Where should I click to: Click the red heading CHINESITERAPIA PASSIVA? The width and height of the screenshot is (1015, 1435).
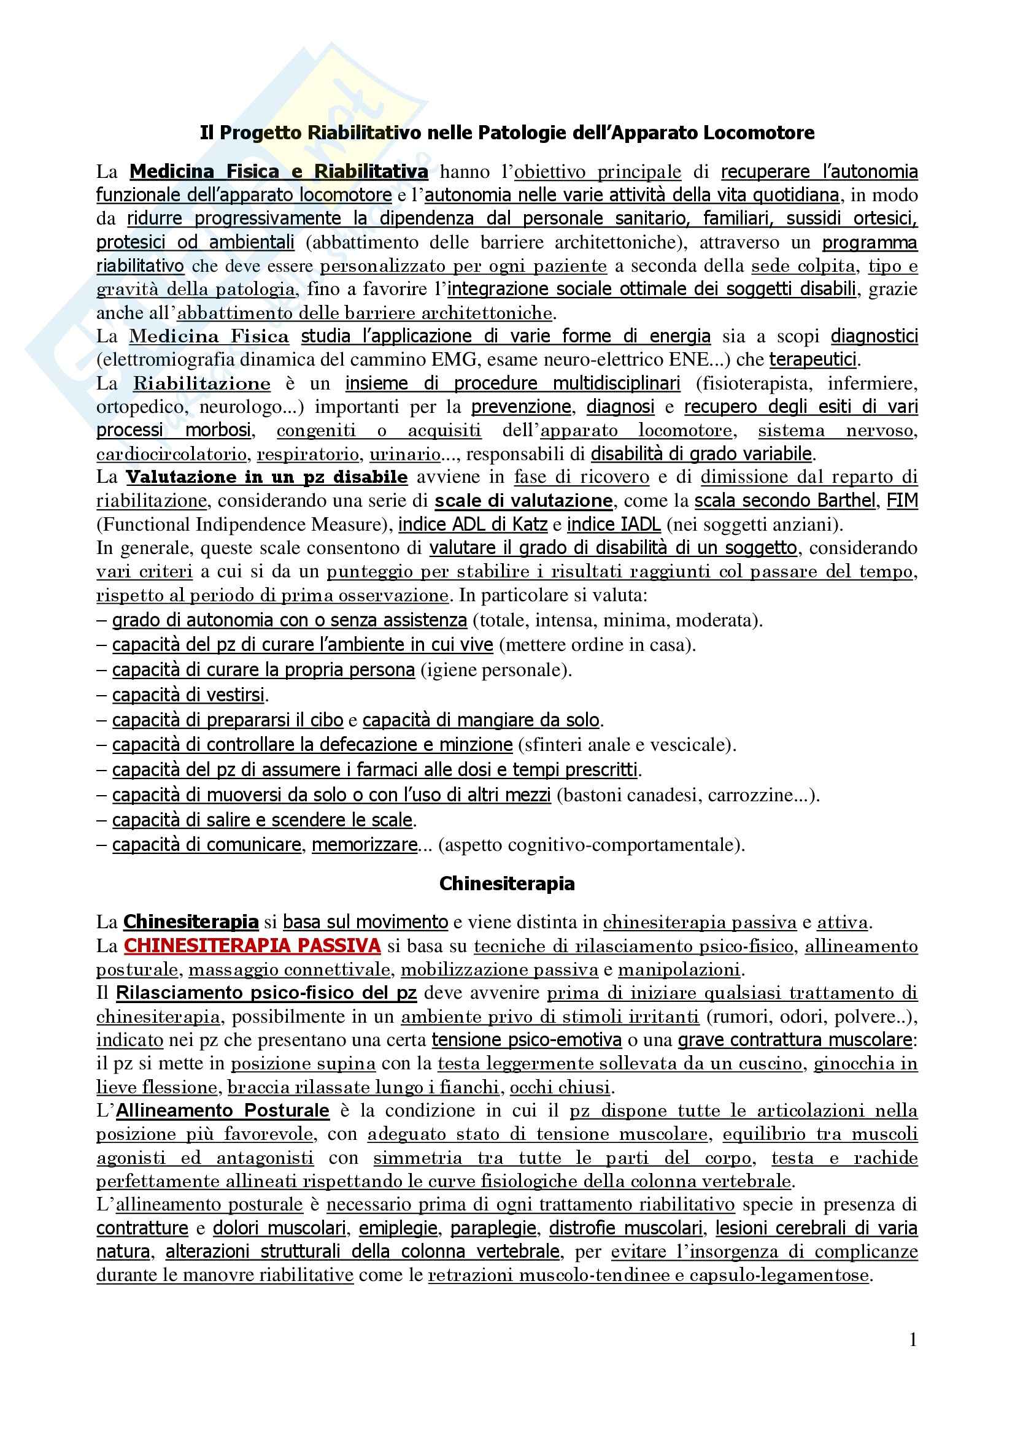point(252,945)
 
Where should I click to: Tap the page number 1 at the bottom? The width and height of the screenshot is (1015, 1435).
point(913,1339)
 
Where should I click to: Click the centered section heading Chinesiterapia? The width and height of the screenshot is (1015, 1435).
point(507,883)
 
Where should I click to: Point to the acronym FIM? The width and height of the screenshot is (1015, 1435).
point(902,501)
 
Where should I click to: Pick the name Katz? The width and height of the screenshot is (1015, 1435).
point(530,525)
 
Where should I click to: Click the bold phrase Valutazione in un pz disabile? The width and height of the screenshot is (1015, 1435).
point(267,477)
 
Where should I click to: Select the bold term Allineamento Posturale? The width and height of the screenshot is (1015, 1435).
point(223,1110)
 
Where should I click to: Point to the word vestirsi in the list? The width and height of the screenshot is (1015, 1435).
point(237,695)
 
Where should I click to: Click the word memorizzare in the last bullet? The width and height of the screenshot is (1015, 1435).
point(365,845)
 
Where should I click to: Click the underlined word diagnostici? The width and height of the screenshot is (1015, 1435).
point(874,336)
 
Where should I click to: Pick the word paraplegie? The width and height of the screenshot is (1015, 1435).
point(493,1229)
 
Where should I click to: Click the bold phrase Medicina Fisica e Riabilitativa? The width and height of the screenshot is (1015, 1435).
point(279,171)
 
